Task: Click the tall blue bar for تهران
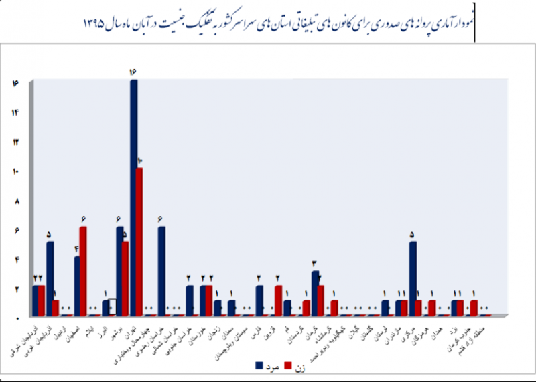click(x=134, y=197)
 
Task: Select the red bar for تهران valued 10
click(x=139, y=241)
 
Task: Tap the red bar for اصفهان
click(x=83, y=271)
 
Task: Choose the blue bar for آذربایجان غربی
click(x=50, y=278)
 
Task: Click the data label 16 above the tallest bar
click(x=133, y=72)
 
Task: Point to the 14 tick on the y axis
click(x=15, y=112)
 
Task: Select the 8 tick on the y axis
click(x=15, y=201)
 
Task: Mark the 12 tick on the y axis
click(x=15, y=142)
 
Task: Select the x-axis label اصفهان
click(x=79, y=328)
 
